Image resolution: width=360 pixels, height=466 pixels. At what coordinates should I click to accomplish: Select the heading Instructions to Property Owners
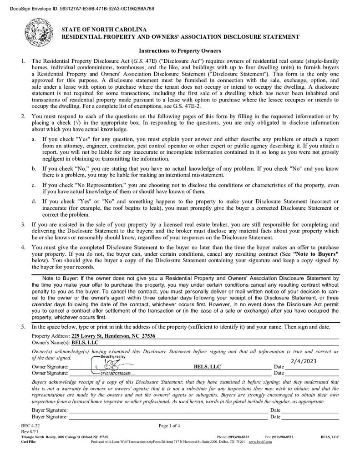(180, 51)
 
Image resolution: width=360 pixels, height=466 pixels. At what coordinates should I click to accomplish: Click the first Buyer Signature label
(50, 410)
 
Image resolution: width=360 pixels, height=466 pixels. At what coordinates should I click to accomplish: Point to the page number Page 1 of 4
(169, 426)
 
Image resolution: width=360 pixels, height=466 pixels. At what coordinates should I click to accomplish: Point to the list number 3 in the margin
(23, 224)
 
